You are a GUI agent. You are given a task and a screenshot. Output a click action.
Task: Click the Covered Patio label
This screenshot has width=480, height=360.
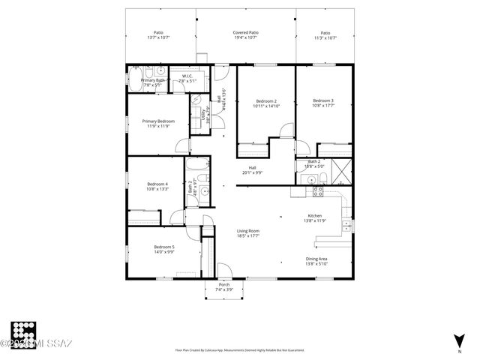tap(245, 33)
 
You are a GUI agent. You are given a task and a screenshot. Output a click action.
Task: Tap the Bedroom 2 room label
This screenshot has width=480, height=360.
tap(266, 101)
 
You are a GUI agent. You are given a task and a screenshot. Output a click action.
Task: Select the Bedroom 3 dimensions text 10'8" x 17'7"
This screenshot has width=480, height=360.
tap(323, 106)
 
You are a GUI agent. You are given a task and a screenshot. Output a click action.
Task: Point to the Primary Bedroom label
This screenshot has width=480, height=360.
tap(159, 121)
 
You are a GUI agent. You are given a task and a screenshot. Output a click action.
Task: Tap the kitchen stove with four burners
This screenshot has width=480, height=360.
tap(317, 190)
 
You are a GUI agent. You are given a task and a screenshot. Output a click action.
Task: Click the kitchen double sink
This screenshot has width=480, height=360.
tap(346, 225)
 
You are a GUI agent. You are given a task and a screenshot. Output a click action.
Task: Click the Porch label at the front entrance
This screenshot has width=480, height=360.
tap(223, 285)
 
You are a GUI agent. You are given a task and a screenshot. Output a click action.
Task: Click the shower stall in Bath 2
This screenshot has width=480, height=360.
tap(338, 172)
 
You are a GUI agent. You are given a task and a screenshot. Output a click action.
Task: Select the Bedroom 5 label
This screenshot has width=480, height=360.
tap(164, 247)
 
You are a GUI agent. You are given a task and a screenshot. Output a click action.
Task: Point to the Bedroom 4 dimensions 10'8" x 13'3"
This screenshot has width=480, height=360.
tap(157, 189)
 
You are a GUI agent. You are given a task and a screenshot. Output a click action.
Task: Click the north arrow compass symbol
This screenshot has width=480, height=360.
tap(458, 340)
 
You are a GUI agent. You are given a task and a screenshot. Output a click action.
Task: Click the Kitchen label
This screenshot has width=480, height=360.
tap(314, 215)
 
